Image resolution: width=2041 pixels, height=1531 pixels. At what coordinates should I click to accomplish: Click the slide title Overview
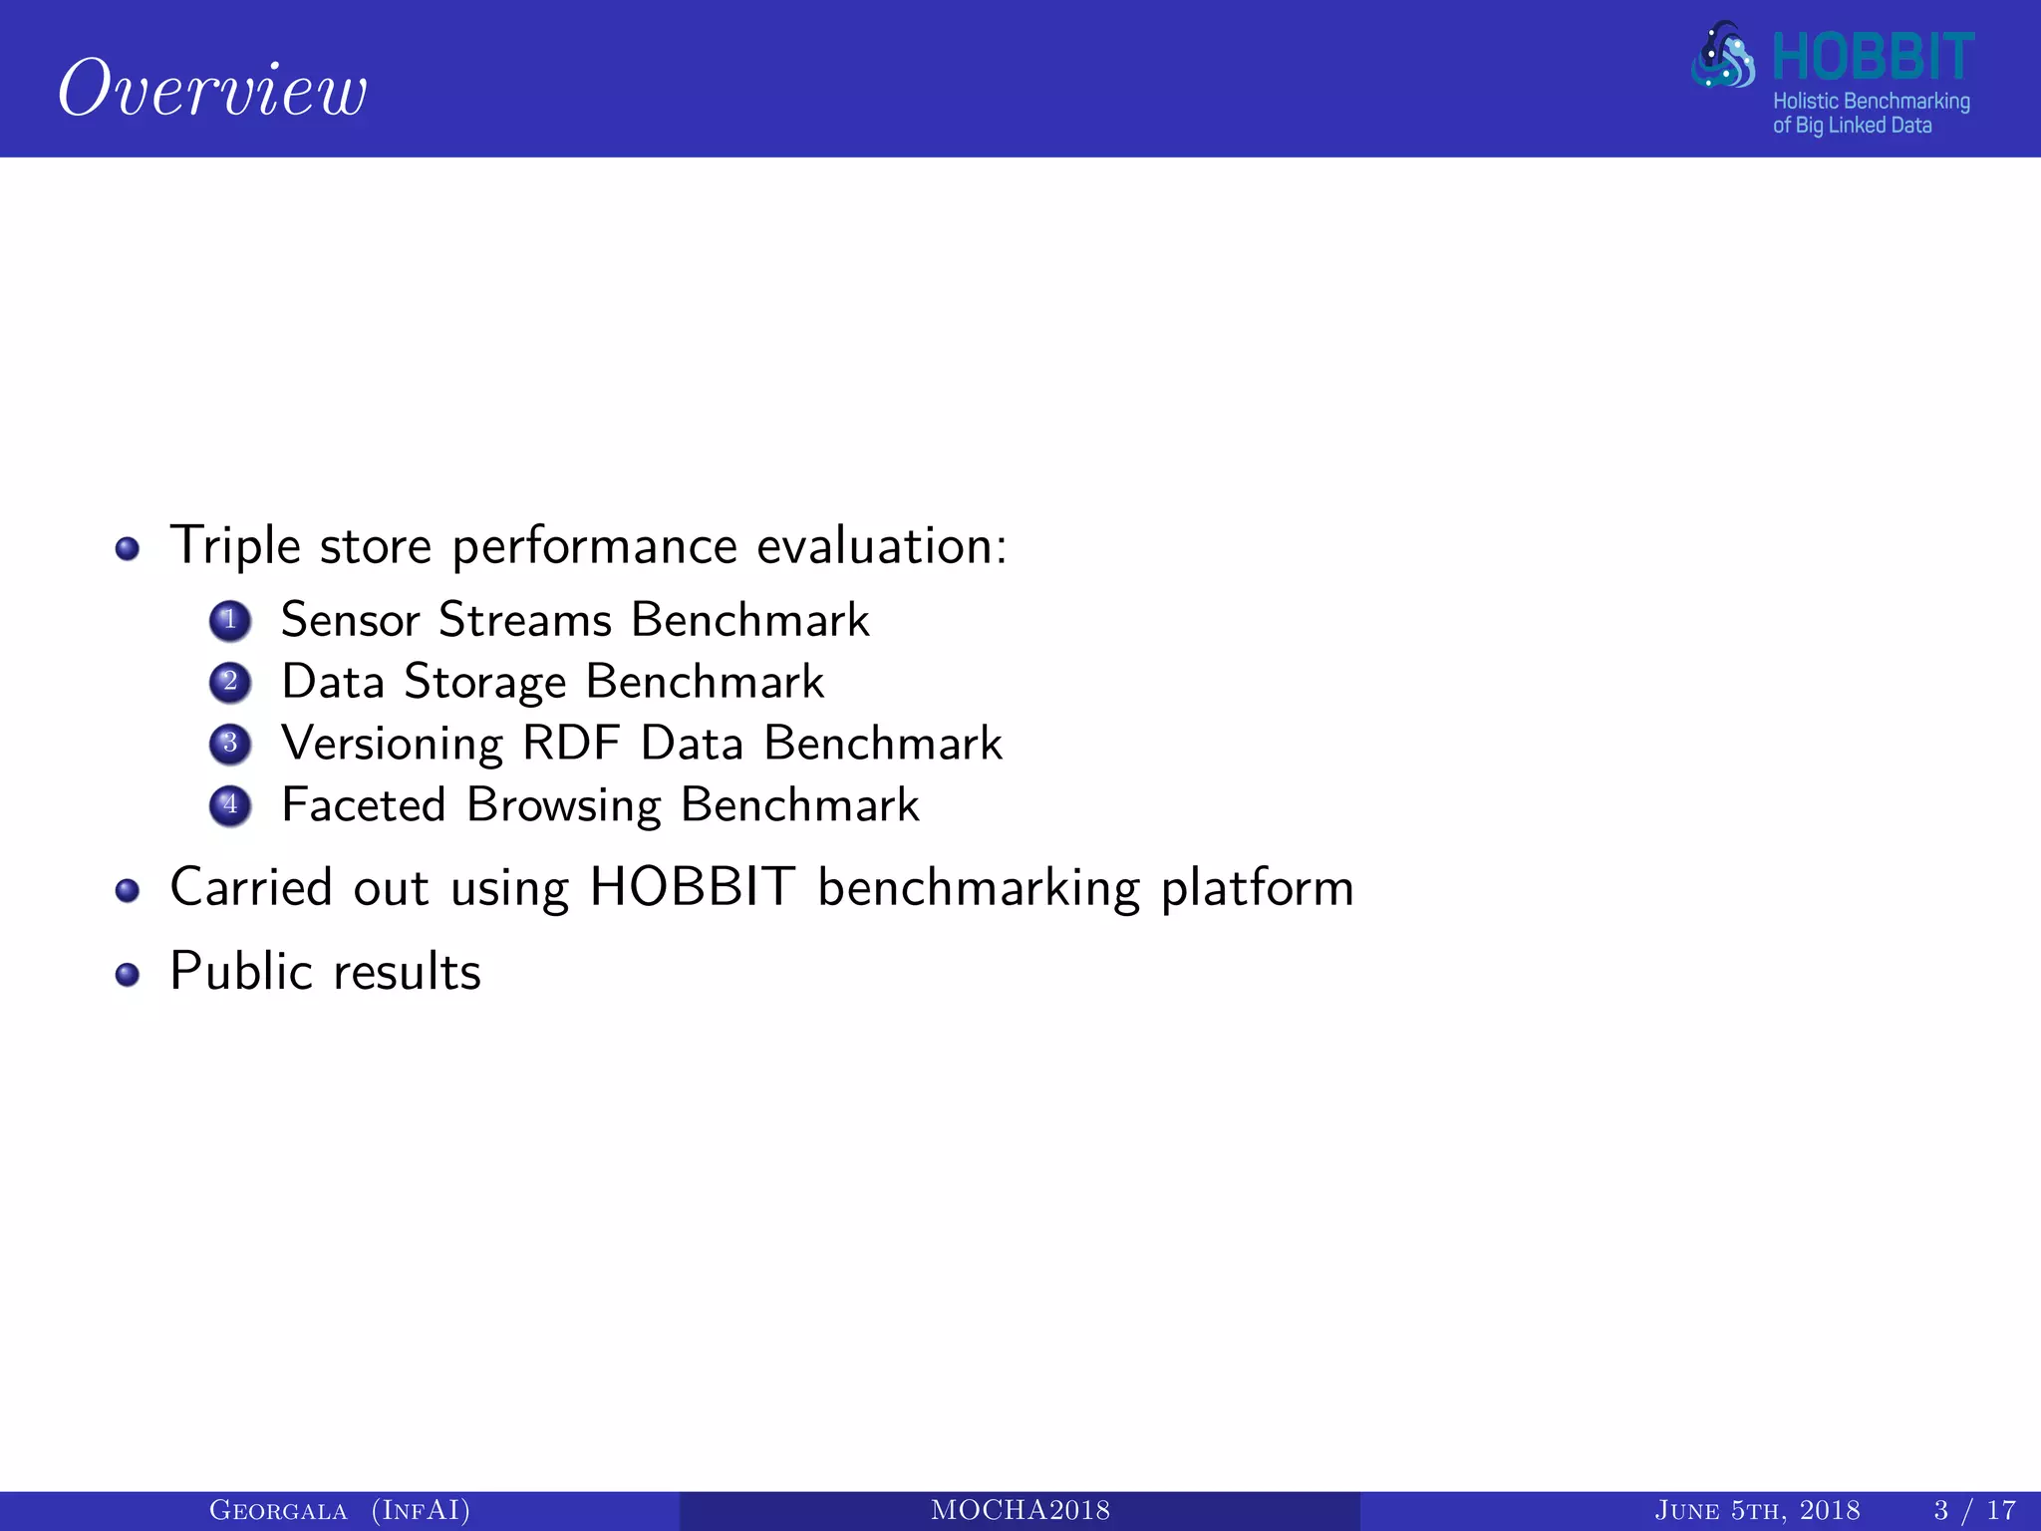[x=212, y=89]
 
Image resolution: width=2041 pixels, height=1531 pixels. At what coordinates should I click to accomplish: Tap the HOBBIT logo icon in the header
[x=1723, y=56]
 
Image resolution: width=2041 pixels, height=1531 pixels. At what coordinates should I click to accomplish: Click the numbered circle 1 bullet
[x=230, y=620]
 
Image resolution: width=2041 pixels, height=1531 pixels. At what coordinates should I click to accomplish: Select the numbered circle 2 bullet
[x=230, y=682]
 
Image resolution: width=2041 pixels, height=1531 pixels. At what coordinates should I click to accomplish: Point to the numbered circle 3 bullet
[x=230, y=744]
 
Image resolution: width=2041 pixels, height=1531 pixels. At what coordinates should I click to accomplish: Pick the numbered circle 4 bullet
[x=230, y=805]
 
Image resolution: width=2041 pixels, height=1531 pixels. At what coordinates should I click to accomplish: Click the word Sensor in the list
[x=350, y=620]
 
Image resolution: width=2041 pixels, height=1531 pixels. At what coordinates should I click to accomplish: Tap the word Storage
[x=485, y=683]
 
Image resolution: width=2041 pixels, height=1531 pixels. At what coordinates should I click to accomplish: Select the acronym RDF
[x=571, y=744]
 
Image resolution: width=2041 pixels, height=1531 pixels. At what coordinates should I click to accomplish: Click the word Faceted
[x=364, y=805]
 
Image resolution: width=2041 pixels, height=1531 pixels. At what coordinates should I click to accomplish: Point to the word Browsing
[x=564, y=805]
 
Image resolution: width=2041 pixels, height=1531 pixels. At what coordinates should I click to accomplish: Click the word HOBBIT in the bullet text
[x=693, y=887]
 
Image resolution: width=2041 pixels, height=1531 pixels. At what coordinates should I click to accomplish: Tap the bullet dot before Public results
[x=127, y=974]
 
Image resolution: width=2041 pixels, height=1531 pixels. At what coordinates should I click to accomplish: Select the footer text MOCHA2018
[x=1020, y=1511]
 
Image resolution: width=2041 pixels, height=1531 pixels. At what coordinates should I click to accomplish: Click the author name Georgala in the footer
[x=278, y=1511]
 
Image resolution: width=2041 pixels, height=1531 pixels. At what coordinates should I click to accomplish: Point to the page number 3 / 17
[x=1974, y=1511]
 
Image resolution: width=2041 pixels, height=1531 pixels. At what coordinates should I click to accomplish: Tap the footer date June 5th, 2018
[x=1757, y=1511]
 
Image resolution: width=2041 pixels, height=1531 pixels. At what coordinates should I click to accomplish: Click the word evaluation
[x=881, y=546]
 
